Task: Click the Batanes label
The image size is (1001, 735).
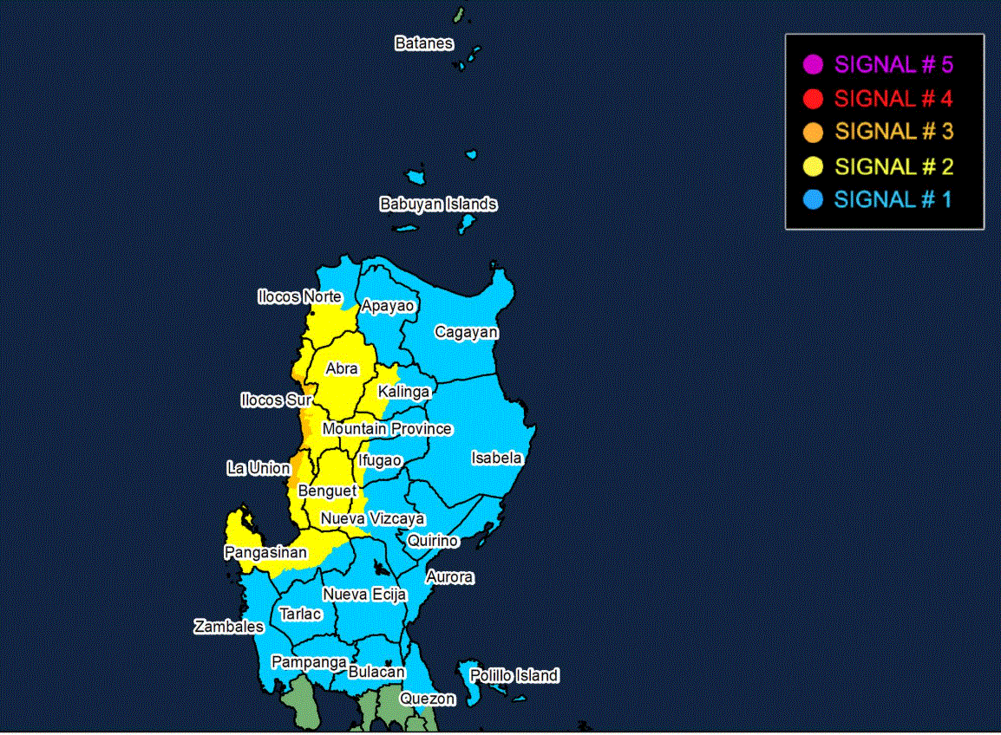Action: pos(423,43)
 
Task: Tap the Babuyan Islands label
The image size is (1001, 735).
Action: pos(438,205)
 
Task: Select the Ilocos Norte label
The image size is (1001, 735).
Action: pos(299,297)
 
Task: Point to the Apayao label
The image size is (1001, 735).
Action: pos(388,306)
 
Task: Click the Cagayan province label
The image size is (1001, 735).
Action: pos(467,332)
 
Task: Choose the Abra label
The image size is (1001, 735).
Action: pos(342,369)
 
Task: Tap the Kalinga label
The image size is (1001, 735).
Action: pos(403,392)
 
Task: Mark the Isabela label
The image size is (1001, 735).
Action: pos(496,458)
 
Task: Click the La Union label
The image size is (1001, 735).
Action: pos(258,468)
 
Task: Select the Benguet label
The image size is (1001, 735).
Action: pos(327,491)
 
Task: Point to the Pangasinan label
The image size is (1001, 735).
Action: pos(265,552)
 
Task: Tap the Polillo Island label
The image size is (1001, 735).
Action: pos(514,675)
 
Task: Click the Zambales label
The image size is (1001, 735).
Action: pos(228,626)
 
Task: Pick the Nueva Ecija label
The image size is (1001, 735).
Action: pos(364,595)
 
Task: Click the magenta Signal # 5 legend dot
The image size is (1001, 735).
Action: pos(813,64)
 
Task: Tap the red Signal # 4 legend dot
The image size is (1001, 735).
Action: pos(813,98)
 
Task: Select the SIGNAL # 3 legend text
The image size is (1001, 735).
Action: pos(893,132)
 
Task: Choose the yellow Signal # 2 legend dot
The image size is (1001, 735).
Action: pos(813,166)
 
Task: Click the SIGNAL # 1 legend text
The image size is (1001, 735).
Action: pos(893,199)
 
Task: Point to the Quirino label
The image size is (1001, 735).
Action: pos(433,541)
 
